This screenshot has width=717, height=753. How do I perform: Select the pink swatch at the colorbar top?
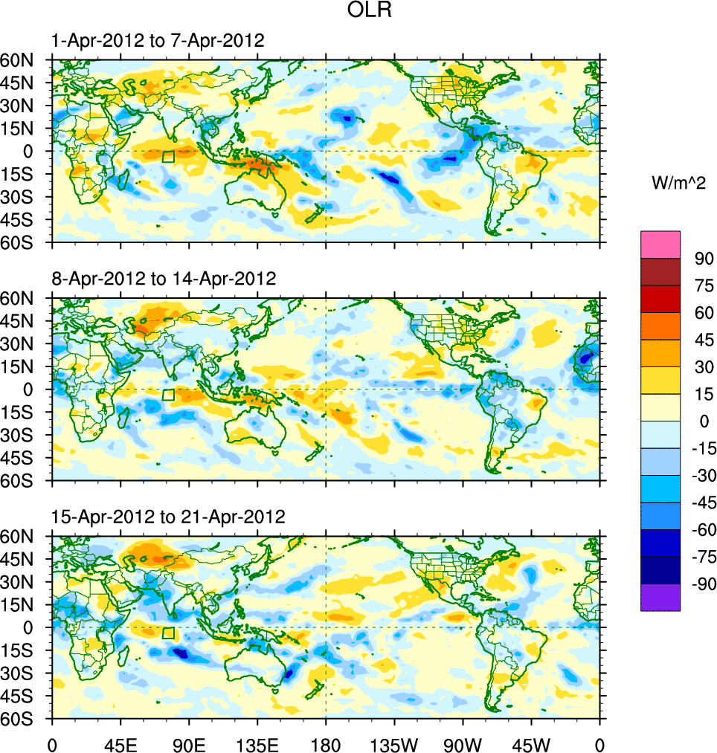pyautogui.click(x=660, y=244)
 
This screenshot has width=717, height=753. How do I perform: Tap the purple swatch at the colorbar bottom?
pyautogui.click(x=660, y=597)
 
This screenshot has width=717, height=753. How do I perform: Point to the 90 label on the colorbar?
pyautogui.click(x=704, y=259)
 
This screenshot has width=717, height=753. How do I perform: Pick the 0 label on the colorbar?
pyautogui.click(x=700, y=421)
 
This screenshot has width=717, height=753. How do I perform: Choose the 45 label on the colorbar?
pyautogui.click(x=704, y=340)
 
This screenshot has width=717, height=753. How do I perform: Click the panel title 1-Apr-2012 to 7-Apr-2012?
pyautogui.click(x=157, y=41)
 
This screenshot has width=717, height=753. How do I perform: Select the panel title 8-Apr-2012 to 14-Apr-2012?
pyautogui.click(x=163, y=279)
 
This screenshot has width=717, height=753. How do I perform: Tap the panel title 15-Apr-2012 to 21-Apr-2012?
pyautogui.click(x=167, y=517)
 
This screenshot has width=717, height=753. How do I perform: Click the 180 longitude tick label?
pyautogui.click(x=326, y=743)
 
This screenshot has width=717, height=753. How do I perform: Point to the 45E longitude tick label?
pyautogui.click(x=120, y=743)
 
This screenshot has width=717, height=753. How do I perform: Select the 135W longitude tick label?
pyautogui.click(x=394, y=743)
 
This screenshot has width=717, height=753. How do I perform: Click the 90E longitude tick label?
pyautogui.click(x=189, y=743)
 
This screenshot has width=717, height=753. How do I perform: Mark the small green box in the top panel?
pyautogui.click(x=168, y=156)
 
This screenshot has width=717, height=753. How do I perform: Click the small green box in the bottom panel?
pyautogui.click(x=168, y=633)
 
